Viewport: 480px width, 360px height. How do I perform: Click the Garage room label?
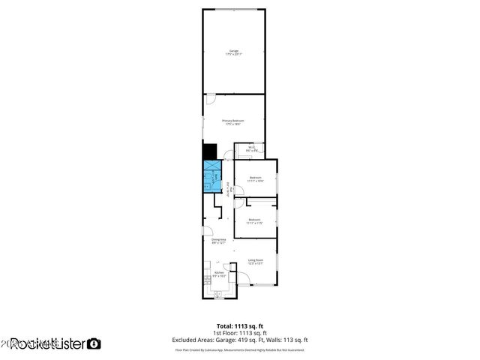[233, 52]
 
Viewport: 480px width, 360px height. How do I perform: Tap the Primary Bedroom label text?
[233, 122]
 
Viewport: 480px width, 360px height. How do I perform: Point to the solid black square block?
[209, 151]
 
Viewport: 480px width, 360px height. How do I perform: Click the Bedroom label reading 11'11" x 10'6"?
[255, 179]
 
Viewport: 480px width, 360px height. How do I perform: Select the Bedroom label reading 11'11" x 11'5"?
[255, 221]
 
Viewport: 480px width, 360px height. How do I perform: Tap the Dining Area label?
[219, 241]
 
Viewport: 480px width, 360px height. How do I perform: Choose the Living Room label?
[256, 262]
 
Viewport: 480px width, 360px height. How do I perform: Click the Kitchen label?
[219, 274]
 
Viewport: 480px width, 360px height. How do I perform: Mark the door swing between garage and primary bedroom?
[211, 99]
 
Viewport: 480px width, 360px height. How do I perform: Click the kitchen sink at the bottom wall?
[218, 295]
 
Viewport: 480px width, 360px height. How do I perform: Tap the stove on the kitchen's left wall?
[206, 278]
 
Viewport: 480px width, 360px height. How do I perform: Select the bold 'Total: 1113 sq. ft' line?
[240, 325]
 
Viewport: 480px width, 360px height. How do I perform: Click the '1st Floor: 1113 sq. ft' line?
[240, 332]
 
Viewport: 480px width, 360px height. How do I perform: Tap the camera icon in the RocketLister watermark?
[94, 343]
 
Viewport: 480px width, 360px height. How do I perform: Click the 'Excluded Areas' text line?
[240, 340]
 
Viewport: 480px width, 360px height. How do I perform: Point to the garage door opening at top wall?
[233, 10]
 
